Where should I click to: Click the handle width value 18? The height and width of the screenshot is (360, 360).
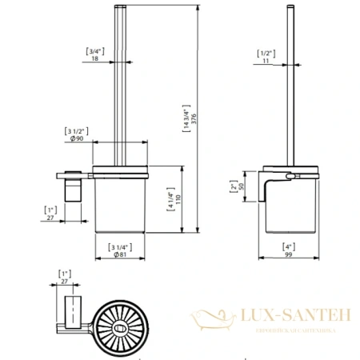pos(95,58)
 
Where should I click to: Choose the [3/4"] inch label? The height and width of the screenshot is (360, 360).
pos(95,50)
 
